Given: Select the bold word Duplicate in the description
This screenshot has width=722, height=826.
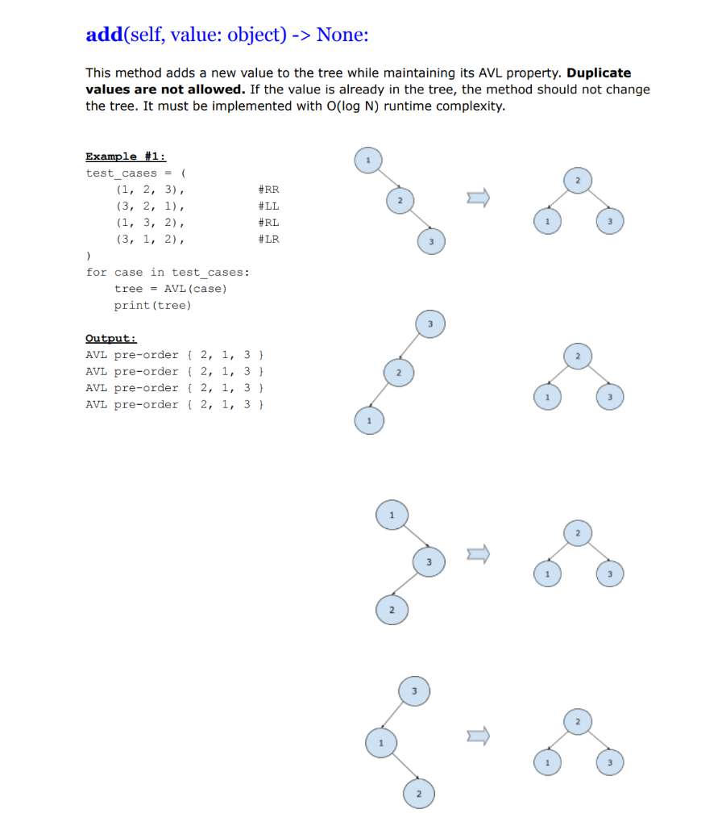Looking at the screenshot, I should tap(599, 73).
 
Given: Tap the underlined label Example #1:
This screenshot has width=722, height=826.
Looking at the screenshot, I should tap(126, 156).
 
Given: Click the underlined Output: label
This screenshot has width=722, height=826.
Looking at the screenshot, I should tap(111, 338).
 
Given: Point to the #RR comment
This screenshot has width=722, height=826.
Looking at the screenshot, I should tap(268, 190).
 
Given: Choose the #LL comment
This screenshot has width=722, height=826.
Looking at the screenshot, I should tap(268, 206).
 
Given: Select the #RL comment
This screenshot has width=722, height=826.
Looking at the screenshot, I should tap(268, 223).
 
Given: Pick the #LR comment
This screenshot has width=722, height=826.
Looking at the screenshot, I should tap(268, 239).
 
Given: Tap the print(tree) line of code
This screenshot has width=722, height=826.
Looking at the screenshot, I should tap(152, 305).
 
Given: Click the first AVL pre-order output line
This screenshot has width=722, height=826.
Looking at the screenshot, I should tap(176, 355).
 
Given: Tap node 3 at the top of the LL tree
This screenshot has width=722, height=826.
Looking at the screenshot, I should tap(429, 323).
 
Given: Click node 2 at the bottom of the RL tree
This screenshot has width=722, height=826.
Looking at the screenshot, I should tap(390, 608).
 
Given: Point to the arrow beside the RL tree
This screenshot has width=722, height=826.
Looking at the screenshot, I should tap(479, 554).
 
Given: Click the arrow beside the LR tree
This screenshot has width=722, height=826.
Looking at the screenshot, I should tap(479, 736).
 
